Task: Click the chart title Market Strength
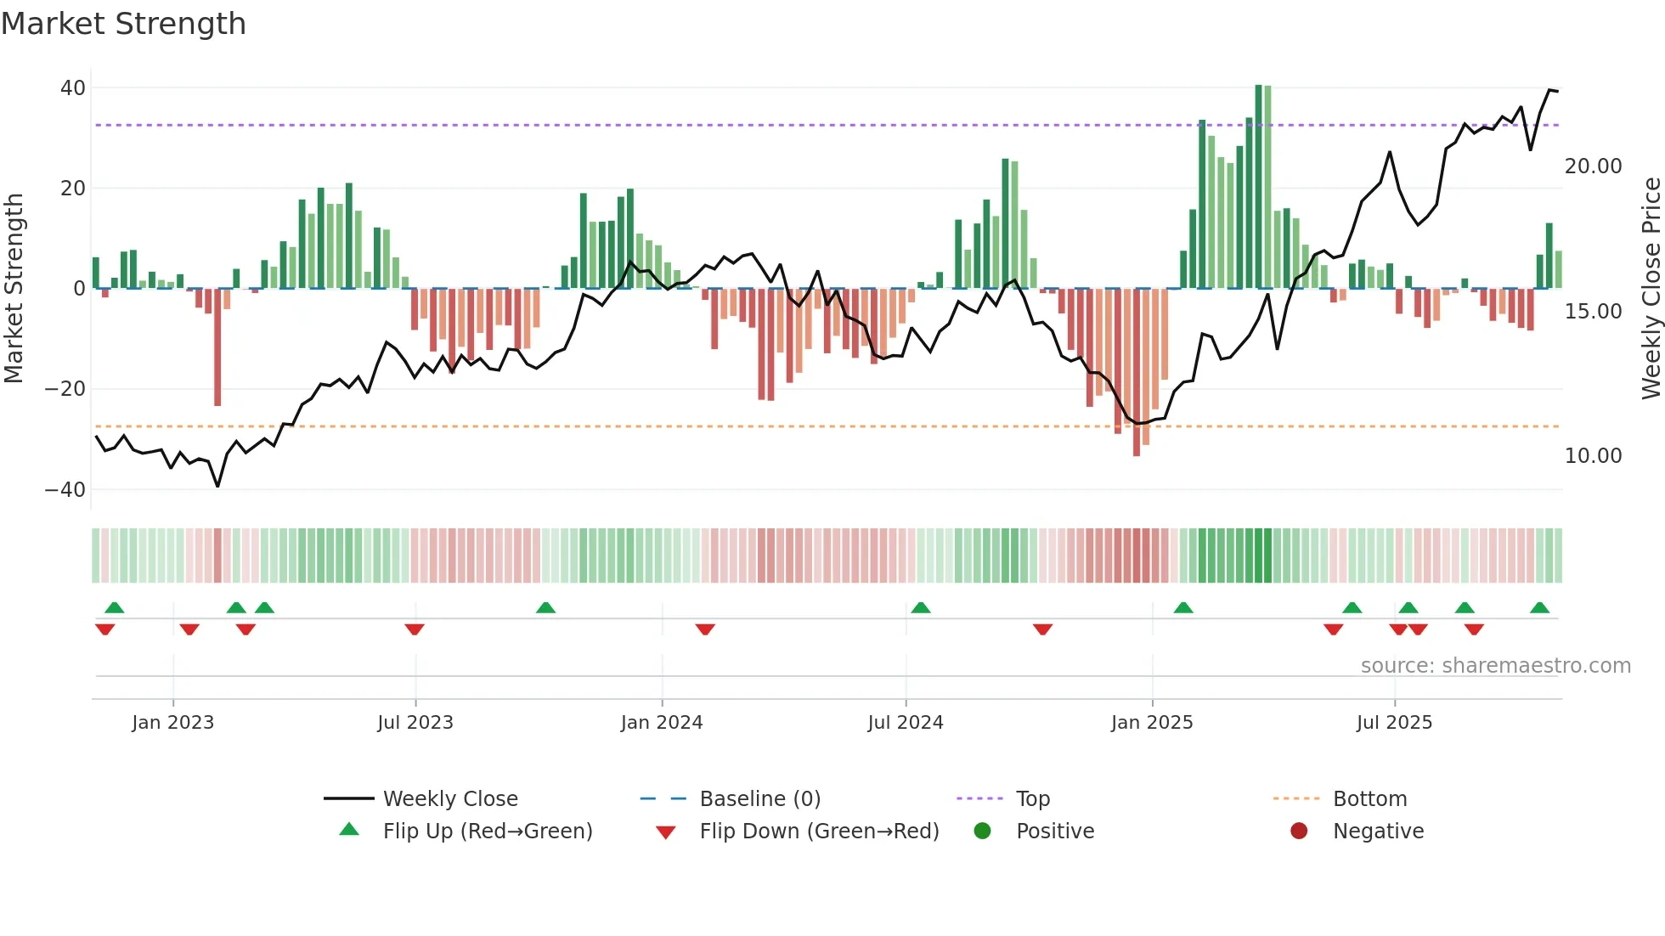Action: click(x=123, y=24)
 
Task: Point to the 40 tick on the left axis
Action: click(x=73, y=88)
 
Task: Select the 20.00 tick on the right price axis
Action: click(x=1593, y=166)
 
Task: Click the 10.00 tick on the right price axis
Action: click(x=1593, y=456)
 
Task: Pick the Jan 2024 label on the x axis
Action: click(x=662, y=723)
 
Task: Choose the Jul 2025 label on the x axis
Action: click(x=1394, y=723)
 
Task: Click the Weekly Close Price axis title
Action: click(x=1651, y=289)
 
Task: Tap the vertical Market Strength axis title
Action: click(x=14, y=289)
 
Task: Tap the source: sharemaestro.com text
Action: click(x=1495, y=666)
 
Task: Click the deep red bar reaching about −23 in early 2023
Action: click(x=217, y=348)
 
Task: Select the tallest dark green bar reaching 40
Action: click(x=1258, y=187)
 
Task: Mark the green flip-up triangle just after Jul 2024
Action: click(x=921, y=608)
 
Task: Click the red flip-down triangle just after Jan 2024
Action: click(x=705, y=629)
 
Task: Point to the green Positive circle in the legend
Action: click(x=982, y=832)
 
